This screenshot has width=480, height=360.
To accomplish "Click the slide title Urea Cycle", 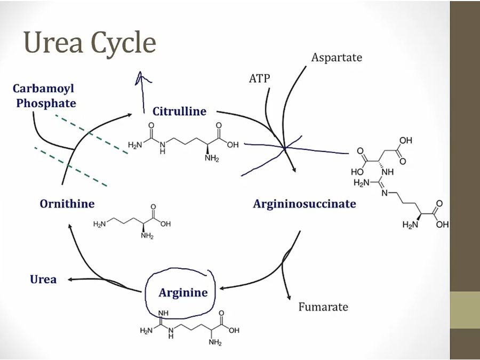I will (90, 43).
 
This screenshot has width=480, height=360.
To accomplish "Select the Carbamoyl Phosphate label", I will (44, 96).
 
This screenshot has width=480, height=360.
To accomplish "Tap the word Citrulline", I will (179, 111).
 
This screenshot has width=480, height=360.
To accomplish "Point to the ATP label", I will (260, 79).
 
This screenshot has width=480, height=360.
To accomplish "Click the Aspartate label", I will (337, 57).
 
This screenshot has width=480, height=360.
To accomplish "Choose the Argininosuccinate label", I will (304, 204).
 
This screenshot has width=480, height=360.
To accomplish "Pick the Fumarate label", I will (323, 307).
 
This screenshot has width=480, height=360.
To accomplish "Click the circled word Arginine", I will (183, 292).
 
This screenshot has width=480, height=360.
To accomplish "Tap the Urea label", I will (43, 279).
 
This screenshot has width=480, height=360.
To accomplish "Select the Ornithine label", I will (67, 204).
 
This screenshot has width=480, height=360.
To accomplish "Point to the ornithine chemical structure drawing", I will (132, 221).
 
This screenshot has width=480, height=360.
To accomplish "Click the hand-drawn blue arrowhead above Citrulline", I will (141, 78).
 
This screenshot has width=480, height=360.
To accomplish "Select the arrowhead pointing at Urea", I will (68, 279).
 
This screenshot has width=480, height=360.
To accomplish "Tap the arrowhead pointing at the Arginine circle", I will (222, 289).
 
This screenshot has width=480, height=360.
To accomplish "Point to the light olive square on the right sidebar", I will (465, 309).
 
